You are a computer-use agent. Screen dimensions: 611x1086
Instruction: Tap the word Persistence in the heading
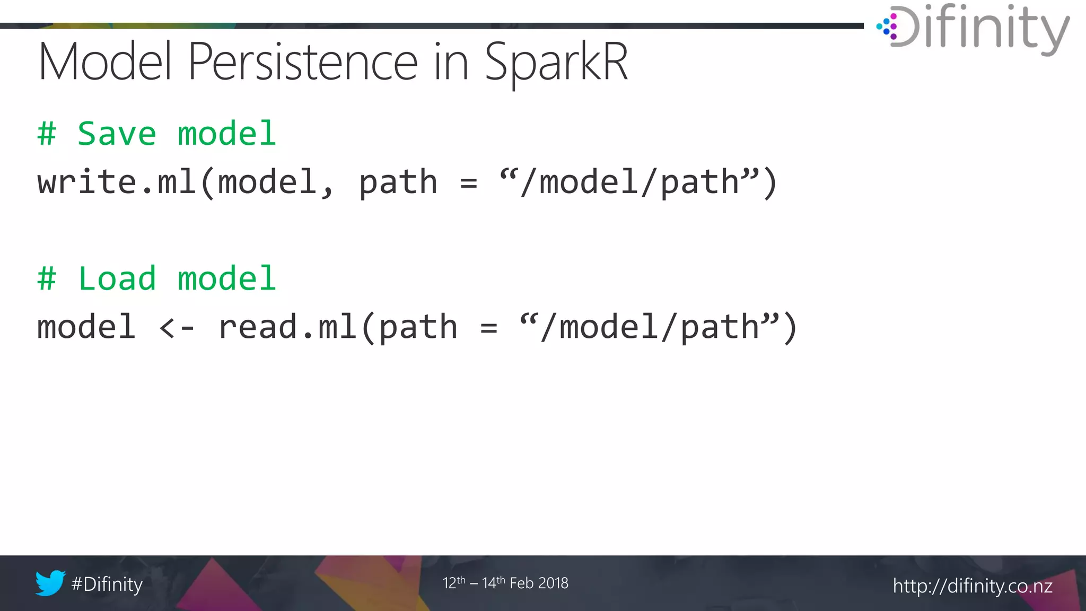pos(302,63)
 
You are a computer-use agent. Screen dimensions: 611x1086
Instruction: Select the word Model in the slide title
pos(105,63)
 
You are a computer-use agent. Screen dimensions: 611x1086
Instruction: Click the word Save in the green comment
pos(117,134)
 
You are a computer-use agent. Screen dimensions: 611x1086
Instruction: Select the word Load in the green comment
pos(117,279)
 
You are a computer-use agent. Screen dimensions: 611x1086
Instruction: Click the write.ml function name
pos(117,182)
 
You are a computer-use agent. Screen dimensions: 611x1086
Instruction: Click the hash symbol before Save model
pos(47,134)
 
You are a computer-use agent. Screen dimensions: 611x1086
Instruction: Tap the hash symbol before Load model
pos(47,279)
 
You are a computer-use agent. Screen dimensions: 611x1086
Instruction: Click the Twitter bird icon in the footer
pos(50,583)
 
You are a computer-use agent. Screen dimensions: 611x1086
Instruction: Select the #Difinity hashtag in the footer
pos(107,584)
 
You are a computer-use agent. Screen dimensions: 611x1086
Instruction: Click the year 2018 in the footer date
pos(554,583)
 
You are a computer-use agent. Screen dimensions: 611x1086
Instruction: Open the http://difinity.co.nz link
pos(973,586)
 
